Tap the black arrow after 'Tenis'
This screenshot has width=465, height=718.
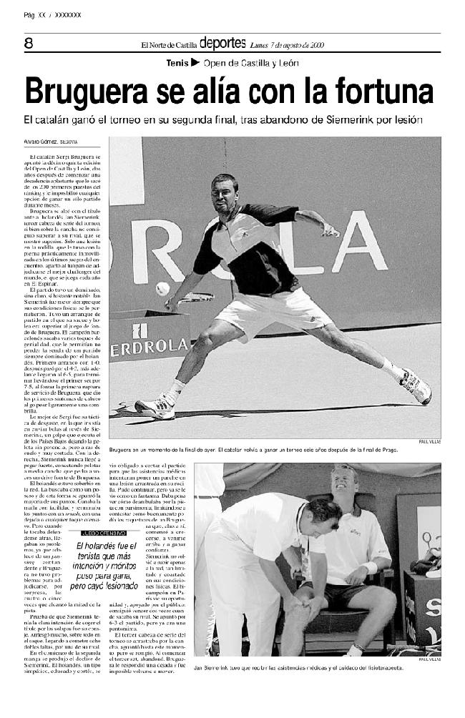tap(195, 63)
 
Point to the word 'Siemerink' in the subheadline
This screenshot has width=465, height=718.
tap(348, 120)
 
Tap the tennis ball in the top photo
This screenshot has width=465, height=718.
tap(163, 288)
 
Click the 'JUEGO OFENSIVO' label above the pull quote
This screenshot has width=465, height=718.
tap(104, 533)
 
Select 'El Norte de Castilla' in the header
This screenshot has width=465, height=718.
tap(169, 44)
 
